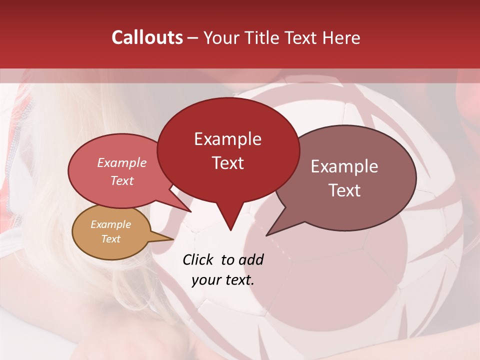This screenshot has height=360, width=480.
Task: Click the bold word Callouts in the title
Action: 147,37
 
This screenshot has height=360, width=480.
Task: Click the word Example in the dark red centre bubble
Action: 227,139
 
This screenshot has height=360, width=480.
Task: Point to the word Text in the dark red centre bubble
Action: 227,163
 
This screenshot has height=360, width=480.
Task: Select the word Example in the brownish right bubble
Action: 344,166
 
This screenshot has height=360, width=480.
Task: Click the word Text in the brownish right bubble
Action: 344,190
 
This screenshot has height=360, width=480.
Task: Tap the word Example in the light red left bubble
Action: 121,162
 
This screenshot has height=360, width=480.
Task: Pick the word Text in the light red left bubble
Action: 121,180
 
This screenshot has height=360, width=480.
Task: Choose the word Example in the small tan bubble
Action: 110,224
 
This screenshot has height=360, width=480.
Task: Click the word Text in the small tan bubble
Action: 110,239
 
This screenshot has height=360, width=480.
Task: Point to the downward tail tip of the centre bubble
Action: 230,230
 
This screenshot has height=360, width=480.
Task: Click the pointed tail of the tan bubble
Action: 172,238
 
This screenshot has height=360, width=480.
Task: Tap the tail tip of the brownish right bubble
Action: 267,235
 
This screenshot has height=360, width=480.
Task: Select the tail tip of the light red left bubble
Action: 191,211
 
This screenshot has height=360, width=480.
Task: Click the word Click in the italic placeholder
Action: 198,259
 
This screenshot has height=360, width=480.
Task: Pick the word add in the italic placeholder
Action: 251,259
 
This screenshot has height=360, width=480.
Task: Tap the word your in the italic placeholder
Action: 205,280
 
